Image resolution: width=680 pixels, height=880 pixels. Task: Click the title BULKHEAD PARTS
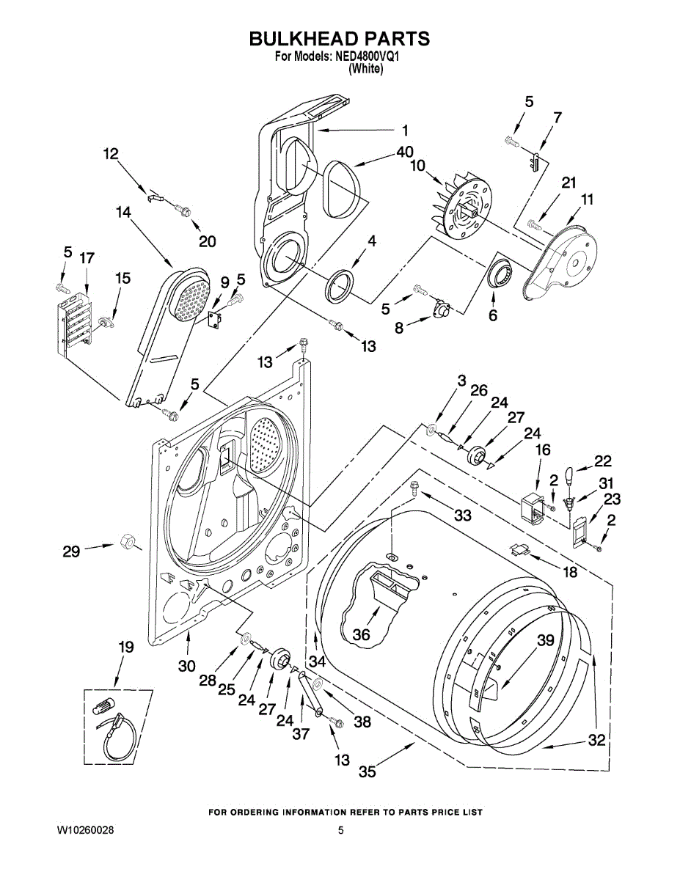(x=339, y=39)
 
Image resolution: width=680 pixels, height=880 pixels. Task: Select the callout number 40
(x=405, y=152)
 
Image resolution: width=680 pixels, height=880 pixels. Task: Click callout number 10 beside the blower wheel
(x=417, y=166)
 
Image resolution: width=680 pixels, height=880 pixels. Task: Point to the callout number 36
(x=362, y=634)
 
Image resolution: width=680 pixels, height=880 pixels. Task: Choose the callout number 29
(x=71, y=551)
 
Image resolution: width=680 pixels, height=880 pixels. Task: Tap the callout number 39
(x=544, y=640)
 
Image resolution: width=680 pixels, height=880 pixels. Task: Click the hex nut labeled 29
(x=125, y=543)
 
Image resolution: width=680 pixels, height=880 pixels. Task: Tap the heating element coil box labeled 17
(x=74, y=323)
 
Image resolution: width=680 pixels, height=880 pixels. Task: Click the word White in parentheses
(x=366, y=69)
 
